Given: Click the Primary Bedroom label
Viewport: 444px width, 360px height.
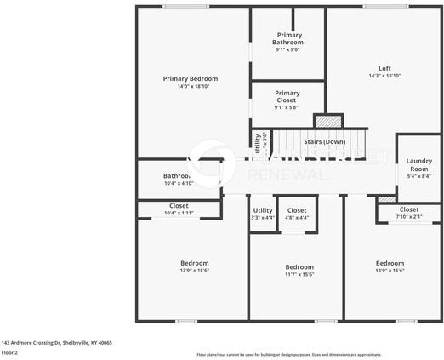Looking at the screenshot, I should click(191, 78).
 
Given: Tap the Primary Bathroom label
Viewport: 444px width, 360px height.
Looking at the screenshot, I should click(287, 38).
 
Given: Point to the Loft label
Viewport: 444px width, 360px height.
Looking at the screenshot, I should click(384, 69).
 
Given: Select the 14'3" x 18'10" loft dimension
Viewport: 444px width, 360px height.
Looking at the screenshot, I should click(384, 76).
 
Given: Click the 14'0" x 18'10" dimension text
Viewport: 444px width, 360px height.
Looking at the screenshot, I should click(191, 86).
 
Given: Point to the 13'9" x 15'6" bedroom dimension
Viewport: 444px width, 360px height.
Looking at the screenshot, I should click(194, 271).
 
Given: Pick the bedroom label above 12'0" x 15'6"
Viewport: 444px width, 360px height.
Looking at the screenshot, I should click(390, 263).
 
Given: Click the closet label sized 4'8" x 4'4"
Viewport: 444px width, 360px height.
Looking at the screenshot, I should click(297, 210).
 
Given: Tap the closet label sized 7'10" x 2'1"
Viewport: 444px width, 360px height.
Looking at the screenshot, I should click(408, 209).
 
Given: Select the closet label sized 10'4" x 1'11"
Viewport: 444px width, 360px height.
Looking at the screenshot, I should click(179, 205).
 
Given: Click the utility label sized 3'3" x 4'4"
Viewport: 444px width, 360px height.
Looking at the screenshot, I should click(263, 210).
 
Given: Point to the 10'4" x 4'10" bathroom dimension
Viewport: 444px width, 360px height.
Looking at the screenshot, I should click(179, 183).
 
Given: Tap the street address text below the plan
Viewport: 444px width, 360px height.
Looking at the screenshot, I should click(56, 342).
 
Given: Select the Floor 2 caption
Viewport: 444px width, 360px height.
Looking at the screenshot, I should click(10, 352).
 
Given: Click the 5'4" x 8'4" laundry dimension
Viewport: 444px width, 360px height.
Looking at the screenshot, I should click(418, 176).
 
